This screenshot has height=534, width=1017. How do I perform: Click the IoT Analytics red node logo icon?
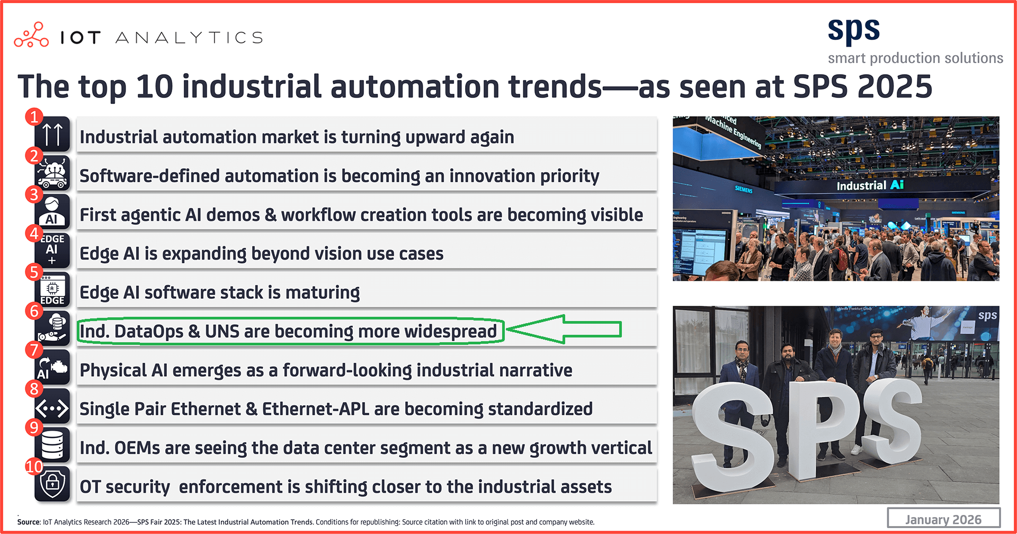coord(31,35)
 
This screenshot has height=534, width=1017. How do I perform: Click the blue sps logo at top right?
coord(853,31)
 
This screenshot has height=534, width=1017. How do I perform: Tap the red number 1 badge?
coord(34,117)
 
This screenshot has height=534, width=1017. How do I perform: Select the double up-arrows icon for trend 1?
coord(52,135)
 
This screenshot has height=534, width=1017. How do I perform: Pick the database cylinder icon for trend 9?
coord(52,444)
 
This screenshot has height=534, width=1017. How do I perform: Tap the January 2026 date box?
coord(943,519)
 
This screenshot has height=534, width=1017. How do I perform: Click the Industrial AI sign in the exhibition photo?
coord(870,185)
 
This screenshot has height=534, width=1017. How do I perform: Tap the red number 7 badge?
coord(34,350)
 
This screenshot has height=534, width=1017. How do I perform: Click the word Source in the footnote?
coord(29,522)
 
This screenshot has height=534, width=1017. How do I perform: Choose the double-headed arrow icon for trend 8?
coord(52,408)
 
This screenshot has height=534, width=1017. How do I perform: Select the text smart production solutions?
coord(915,58)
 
